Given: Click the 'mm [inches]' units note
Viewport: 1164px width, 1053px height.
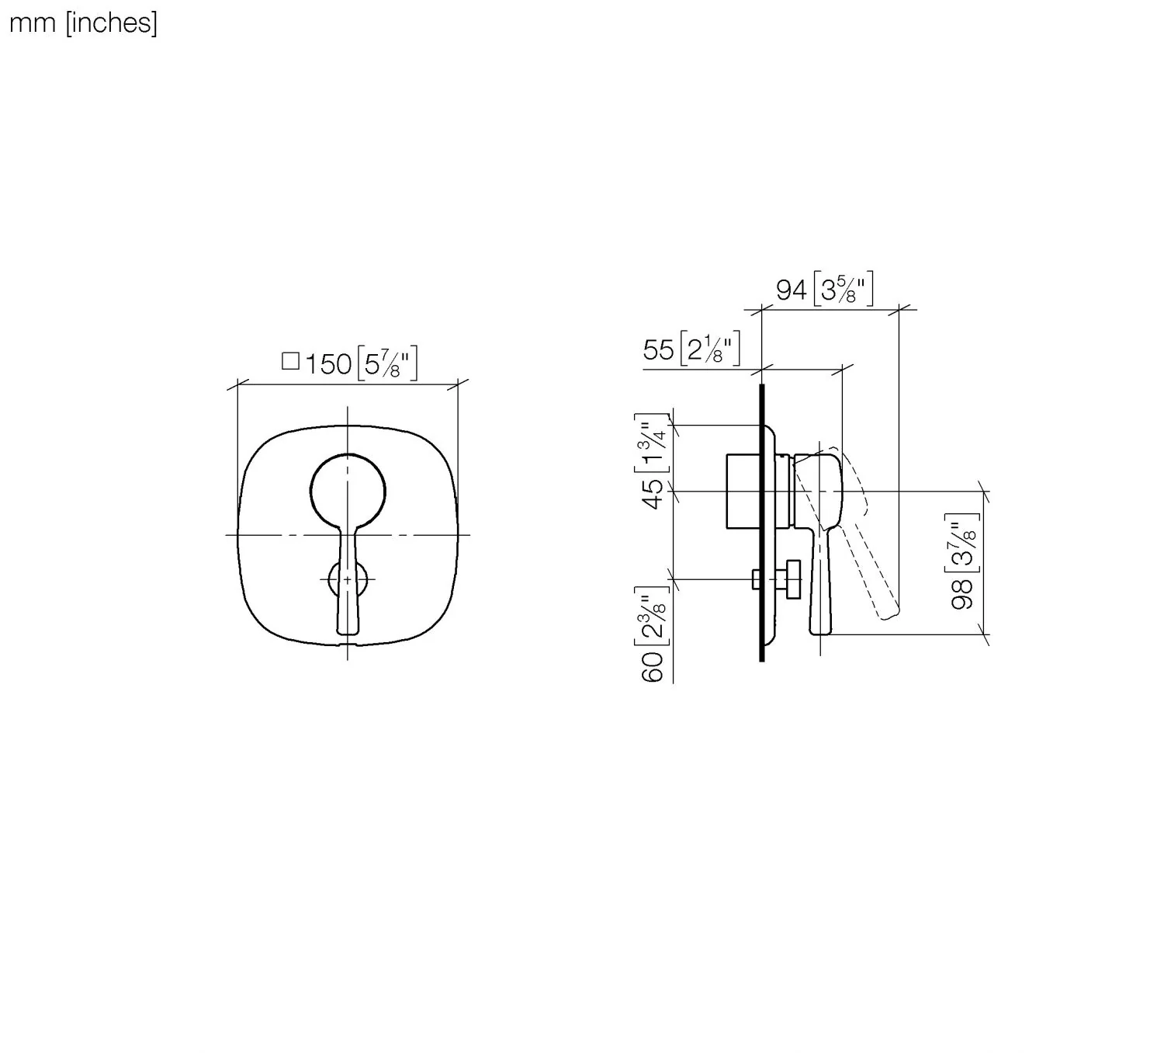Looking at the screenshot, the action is (84, 24).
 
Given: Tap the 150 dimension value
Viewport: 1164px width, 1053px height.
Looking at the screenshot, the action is (328, 365).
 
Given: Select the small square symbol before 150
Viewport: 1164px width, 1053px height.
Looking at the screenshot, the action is (290, 361).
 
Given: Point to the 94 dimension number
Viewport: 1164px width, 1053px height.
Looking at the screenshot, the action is (792, 290).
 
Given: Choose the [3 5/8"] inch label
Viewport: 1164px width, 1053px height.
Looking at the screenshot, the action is (844, 289).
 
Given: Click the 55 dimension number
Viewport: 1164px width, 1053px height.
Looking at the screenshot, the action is (659, 350).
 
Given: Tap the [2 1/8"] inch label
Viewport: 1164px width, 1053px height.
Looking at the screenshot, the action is (710, 349).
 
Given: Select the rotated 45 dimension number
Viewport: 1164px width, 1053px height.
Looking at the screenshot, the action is (654, 494).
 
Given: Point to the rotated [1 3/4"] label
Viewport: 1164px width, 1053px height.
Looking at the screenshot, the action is (652, 443).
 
